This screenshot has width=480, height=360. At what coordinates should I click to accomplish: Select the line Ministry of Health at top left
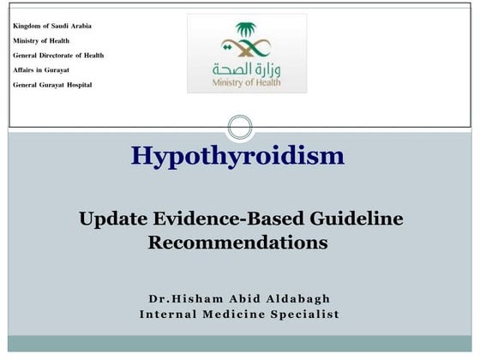tap(41, 40)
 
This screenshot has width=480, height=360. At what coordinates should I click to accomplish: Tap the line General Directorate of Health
tap(58, 55)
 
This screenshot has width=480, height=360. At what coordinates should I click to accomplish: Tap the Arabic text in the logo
tap(247, 68)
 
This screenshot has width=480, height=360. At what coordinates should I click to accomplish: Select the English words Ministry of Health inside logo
tap(247, 84)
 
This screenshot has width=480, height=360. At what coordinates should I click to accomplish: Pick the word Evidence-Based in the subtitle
tap(225, 219)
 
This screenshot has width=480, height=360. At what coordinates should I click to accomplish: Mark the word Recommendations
tap(238, 243)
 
